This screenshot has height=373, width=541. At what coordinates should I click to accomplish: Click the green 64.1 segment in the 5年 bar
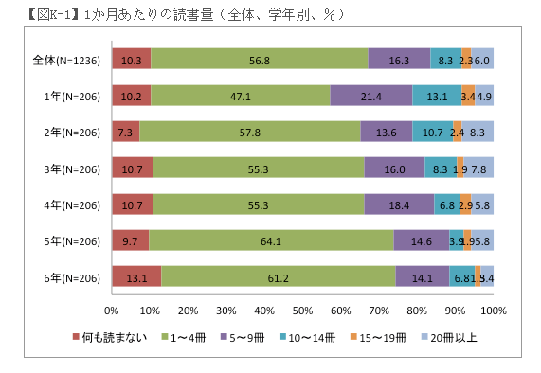pos(271,241)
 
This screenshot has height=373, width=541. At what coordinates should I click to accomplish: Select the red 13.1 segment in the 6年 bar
pos(135,277)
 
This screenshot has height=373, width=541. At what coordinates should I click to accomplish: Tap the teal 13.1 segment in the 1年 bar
pos(437,96)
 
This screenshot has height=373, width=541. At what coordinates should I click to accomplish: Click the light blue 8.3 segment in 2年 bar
pos(478,133)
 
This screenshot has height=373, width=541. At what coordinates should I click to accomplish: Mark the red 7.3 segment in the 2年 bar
pos(125,133)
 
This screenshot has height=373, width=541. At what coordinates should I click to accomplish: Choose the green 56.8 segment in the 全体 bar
pos(259,60)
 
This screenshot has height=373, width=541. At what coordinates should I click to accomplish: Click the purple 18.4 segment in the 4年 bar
pos(399,204)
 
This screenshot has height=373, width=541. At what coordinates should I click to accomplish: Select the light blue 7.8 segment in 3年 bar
pos(478,169)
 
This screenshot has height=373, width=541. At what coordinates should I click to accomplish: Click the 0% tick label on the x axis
pos(111,310)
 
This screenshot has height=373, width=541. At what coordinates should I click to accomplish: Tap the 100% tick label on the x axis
pos(492,310)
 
